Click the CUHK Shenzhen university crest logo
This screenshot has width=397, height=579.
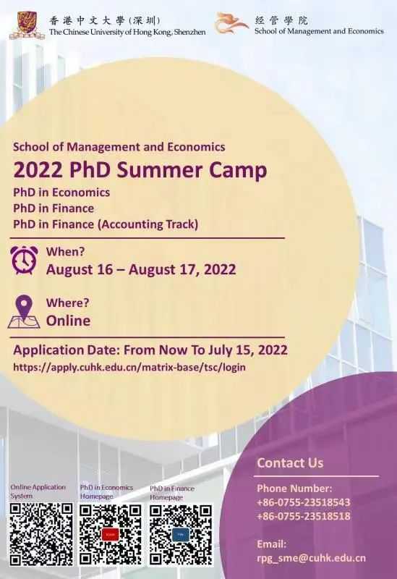27,25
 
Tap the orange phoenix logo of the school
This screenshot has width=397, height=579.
231,23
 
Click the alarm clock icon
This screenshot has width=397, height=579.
25,260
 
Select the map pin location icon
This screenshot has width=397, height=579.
24,311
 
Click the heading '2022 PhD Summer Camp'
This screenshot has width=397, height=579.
140,170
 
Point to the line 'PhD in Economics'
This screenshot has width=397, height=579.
61,193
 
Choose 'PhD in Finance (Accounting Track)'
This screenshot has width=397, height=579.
106,224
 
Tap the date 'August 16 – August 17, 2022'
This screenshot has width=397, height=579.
141,269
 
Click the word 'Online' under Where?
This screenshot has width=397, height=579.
68,321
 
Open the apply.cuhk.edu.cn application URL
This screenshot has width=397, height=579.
129,367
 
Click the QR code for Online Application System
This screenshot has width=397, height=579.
41,534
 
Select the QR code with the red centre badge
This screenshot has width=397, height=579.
111,534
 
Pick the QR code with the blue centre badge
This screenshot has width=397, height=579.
181,535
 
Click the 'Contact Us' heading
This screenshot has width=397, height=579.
290,462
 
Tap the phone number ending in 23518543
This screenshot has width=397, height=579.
303,502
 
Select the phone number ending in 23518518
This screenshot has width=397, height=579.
303,516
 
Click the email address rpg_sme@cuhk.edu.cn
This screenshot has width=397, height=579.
312,558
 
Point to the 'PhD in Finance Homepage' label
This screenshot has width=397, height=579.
172,493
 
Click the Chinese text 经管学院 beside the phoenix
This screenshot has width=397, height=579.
281,20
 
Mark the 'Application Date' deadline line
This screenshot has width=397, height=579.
150,350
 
